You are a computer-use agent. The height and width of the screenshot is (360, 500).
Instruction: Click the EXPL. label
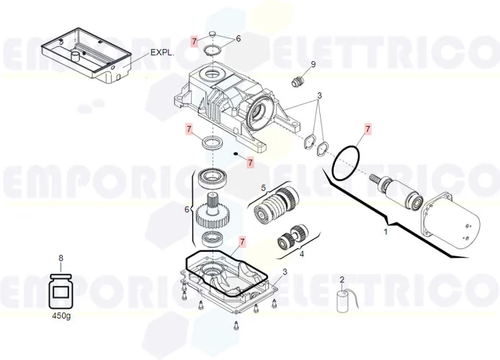click(162, 53)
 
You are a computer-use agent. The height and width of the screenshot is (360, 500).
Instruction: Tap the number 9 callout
click(313, 65)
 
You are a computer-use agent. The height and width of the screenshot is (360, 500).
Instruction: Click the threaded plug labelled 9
click(295, 79)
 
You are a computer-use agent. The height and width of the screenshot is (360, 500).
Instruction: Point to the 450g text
click(62, 315)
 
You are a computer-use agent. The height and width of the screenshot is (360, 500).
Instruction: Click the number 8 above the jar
click(61, 258)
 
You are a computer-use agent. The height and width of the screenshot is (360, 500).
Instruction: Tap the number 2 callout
click(341, 279)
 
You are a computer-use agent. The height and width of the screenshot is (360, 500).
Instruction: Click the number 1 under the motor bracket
click(385, 232)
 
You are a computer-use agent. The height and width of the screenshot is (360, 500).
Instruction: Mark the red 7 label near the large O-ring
click(367, 129)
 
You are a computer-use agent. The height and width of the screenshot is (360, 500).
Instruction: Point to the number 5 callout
click(263, 188)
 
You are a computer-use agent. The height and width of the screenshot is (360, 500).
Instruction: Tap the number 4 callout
click(301, 253)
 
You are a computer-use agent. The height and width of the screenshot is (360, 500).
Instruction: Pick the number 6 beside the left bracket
click(187, 210)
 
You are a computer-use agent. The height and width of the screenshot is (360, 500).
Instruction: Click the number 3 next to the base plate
click(285, 271)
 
